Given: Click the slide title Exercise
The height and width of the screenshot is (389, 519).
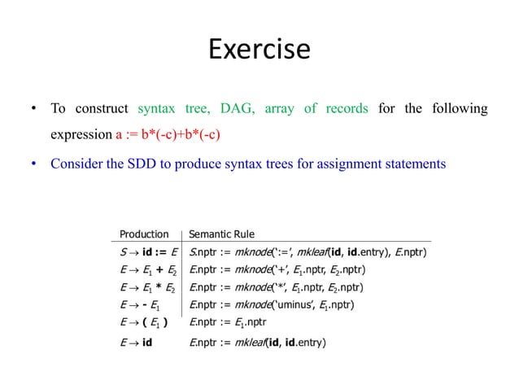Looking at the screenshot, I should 259,50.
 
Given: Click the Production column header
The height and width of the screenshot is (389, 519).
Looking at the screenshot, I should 144,234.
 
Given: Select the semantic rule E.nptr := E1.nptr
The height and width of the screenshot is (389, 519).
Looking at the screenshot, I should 234,324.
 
